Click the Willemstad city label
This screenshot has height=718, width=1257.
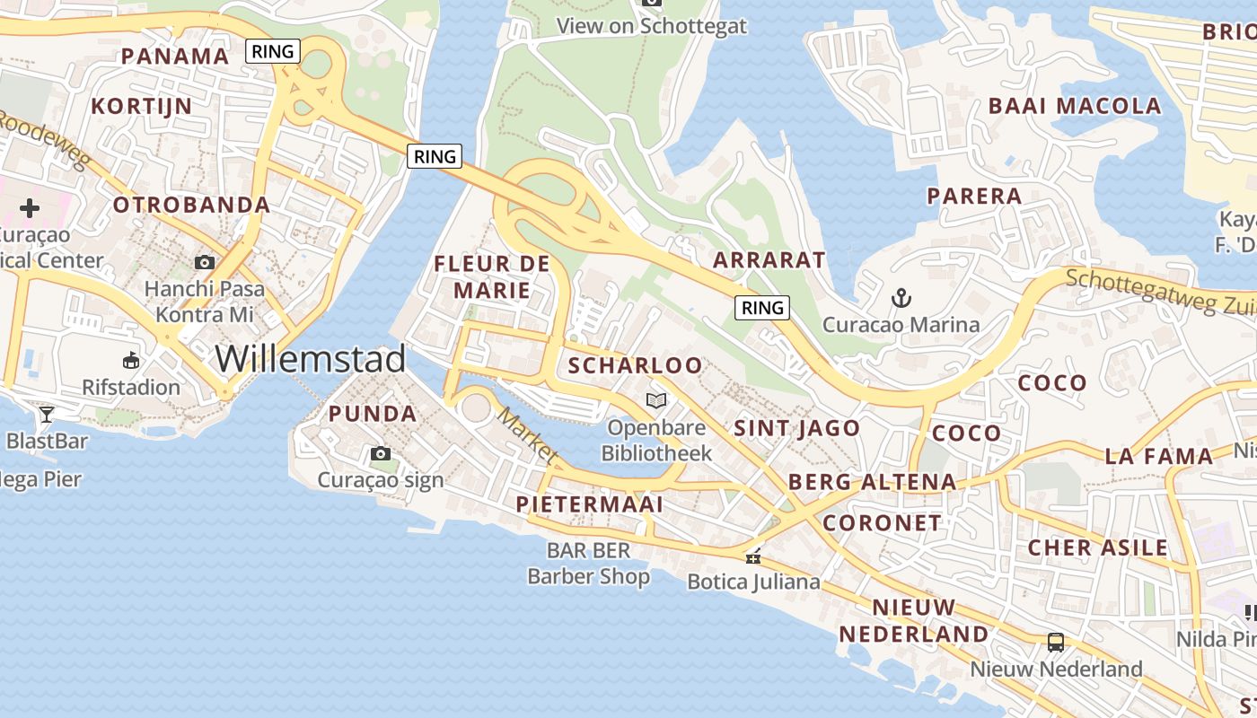311,359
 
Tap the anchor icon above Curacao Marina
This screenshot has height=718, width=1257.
900,297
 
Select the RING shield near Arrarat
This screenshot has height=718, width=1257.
762,308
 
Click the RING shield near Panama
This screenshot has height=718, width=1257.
273,51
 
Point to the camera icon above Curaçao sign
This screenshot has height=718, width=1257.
381,453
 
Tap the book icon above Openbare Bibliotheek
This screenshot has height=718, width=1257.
657,400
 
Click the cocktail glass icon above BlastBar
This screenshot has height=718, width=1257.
47,414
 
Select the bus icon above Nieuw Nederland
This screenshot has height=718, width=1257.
1056,643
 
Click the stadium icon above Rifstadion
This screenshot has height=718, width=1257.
131,360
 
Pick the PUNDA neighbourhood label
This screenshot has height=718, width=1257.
373,414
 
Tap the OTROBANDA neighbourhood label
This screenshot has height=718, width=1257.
191,205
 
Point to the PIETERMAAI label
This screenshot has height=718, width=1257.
590,504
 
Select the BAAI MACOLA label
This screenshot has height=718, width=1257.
1075,106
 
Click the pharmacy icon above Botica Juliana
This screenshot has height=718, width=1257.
752,556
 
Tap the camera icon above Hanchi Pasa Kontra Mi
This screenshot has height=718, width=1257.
205,262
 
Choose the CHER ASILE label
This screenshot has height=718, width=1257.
1098,547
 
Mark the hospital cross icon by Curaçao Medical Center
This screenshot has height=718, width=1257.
30,208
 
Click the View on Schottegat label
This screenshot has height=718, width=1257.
652,26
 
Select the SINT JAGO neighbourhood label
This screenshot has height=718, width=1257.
797,428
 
